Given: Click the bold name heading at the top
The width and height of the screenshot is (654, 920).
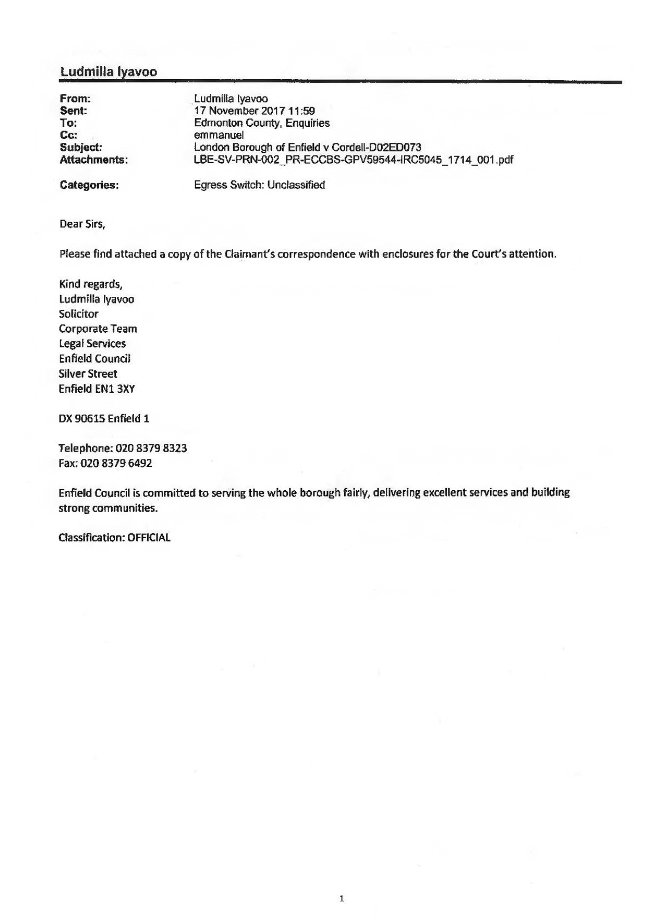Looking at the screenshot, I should [108, 72].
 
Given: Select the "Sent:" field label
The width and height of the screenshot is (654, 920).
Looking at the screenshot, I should [74, 111].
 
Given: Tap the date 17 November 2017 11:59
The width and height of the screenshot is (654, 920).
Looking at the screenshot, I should [255, 111].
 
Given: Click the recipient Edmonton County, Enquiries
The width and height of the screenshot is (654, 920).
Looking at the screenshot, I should [262, 123].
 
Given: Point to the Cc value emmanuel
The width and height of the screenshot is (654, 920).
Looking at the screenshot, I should [219, 135].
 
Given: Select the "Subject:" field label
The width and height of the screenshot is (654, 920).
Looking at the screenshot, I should [81, 148].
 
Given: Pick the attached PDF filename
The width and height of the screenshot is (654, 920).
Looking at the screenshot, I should [354, 160].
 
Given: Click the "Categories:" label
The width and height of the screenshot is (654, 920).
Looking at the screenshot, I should [89, 185].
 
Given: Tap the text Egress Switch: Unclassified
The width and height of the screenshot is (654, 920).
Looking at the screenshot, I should [259, 185].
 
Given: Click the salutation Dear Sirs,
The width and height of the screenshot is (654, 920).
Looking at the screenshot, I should [82, 224].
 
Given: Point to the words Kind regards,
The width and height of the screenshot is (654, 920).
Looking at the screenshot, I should [91, 284].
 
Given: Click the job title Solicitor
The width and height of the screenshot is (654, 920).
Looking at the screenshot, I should [79, 314].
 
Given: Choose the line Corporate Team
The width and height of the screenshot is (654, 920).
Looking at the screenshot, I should [98, 329].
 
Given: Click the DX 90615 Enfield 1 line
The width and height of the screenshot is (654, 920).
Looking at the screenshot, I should [104, 419].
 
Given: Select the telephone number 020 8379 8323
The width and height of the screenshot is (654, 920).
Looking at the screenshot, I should [151, 449].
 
